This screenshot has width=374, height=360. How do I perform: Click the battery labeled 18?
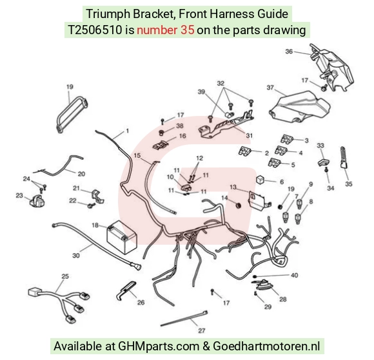tap(122, 237)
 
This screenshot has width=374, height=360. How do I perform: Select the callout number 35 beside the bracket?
tap(349, 184)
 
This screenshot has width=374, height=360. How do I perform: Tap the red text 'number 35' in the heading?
tap(166, 30)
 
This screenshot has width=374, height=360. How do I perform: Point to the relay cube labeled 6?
tap(261, 180)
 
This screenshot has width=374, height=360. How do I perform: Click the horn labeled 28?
tap(262, 285)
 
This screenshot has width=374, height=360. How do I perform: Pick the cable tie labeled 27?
tap(184, 318)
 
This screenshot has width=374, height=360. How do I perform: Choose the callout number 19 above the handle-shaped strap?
tap(70, 87)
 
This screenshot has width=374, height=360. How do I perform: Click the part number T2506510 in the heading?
tap(95, 30)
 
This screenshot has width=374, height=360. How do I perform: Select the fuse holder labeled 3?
tap(287, 139)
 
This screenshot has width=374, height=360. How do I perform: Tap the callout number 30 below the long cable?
tap(76, 256)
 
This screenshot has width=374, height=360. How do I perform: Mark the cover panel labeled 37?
tap(300, 107)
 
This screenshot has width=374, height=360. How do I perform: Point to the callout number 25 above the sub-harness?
tap(65, 276)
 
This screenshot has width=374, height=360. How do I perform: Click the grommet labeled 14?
tap(238, 205)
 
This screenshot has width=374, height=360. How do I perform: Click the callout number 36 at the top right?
tap(289, 52)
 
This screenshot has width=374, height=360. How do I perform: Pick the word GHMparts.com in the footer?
tap(159, 346)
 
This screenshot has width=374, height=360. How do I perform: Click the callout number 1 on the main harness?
tap(128, 131)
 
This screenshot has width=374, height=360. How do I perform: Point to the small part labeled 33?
tap(323, 162)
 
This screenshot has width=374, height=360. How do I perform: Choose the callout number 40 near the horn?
tap(294, 275)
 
